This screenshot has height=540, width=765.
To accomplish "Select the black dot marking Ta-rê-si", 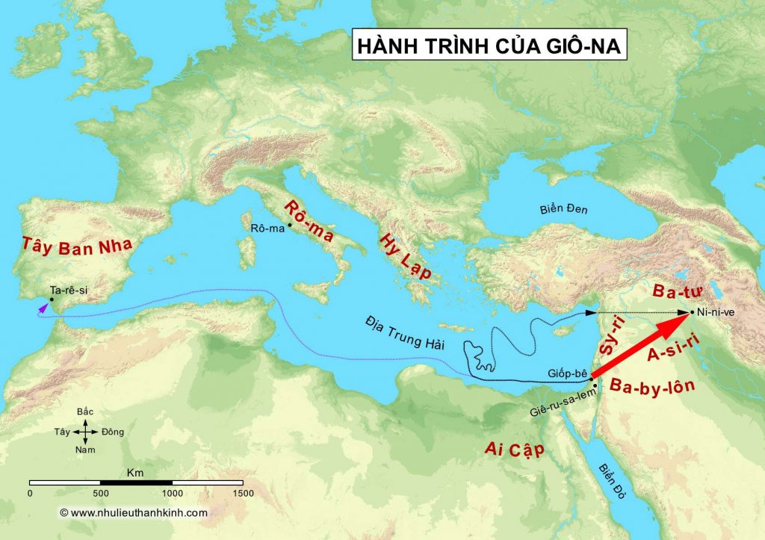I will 51,300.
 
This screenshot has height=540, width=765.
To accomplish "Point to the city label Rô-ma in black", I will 267,228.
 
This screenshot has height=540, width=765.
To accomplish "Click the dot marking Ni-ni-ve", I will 693,312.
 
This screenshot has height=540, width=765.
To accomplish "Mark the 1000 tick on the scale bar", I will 173,493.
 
